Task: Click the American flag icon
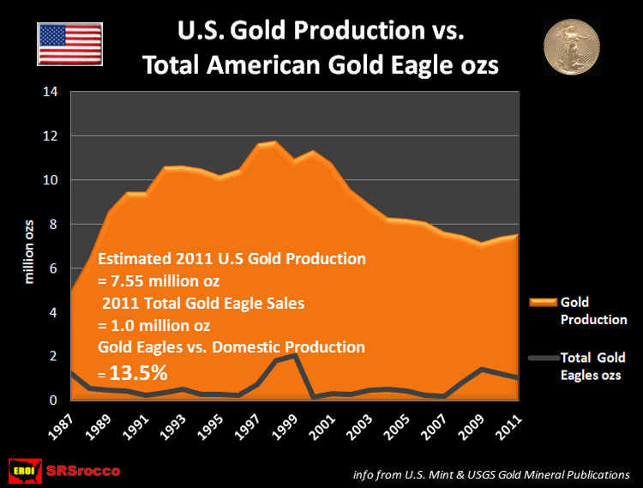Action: point(69,43)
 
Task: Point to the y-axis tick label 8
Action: point(52,225)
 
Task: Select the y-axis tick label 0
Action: point(52,401)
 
